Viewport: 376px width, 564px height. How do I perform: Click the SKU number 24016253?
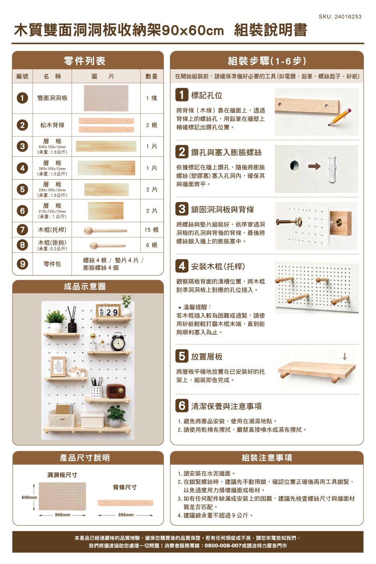point(347,17)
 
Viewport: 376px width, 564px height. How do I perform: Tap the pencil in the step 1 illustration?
point(340,117)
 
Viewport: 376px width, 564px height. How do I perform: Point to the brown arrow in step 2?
point(314,166)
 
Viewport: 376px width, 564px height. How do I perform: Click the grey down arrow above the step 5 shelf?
point(344,356)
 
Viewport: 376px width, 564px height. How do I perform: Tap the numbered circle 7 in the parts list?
point(23,230)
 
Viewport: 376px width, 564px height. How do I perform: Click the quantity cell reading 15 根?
point(152,230)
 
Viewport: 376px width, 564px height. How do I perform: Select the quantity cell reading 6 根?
point(152,245)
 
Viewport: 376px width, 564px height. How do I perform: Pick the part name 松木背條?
point(52,125)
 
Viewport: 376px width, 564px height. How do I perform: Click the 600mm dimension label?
point(29,497)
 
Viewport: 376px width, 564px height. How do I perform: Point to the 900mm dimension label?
point(62,515)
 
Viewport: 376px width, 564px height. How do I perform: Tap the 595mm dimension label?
point(126,515)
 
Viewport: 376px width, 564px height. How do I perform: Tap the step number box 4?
point(182,266)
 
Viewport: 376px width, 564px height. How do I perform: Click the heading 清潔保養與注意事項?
point(226,406)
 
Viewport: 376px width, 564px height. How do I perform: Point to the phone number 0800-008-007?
point(223,546)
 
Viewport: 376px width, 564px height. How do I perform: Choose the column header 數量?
point(152,76)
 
